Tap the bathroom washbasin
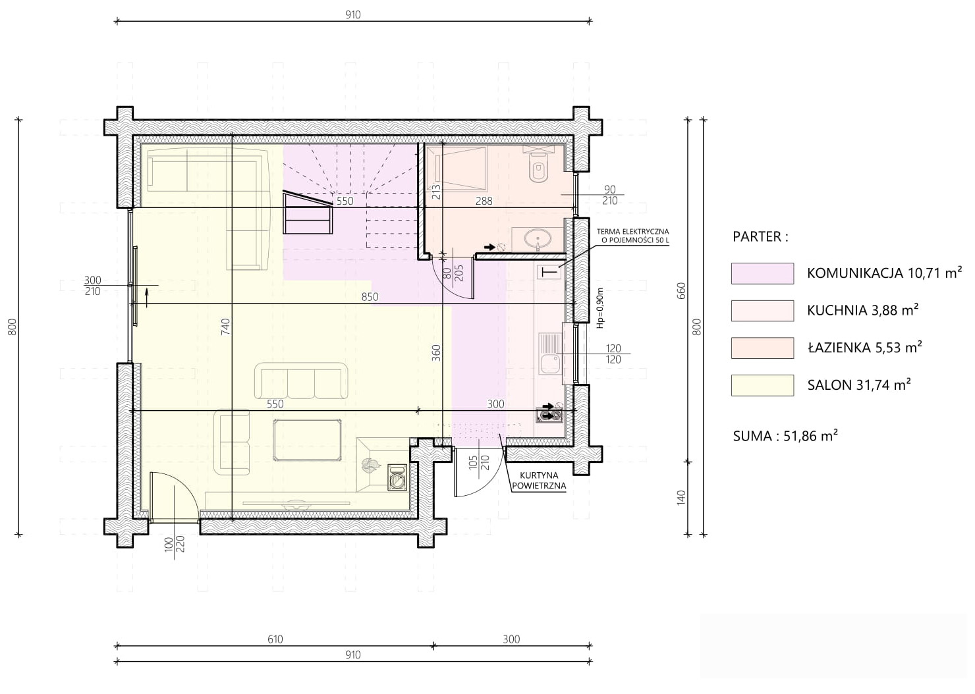coord(538,238)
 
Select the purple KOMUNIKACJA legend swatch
coord(762,273)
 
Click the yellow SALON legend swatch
coord(762,385)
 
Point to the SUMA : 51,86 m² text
coord(785,436)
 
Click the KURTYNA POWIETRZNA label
coord(538,481)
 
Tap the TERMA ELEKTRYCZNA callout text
coord(632,236)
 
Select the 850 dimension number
coord(370,297)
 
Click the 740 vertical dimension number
coord(225,327)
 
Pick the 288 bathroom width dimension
coord(484,201)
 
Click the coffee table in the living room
coord(307,439)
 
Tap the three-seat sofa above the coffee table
coord(301,381)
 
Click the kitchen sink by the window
coord(549,354)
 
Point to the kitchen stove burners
coord(549,413)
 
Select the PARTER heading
coord(760,236)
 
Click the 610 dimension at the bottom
coord(275,639)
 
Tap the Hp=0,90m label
coord(600,307)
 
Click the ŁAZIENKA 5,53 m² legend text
coord(864,347)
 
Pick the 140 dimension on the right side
coord(681,498)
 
